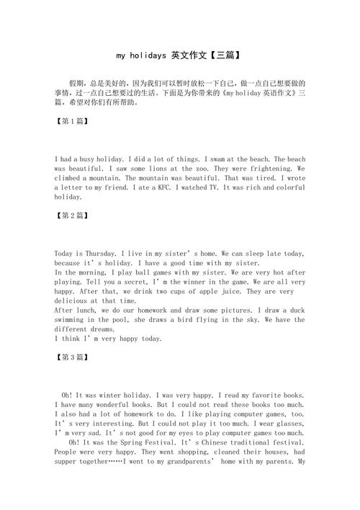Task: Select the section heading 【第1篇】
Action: [72, 121]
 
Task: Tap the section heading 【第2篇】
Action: [72, 215]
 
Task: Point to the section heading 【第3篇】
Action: [72, 357]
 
